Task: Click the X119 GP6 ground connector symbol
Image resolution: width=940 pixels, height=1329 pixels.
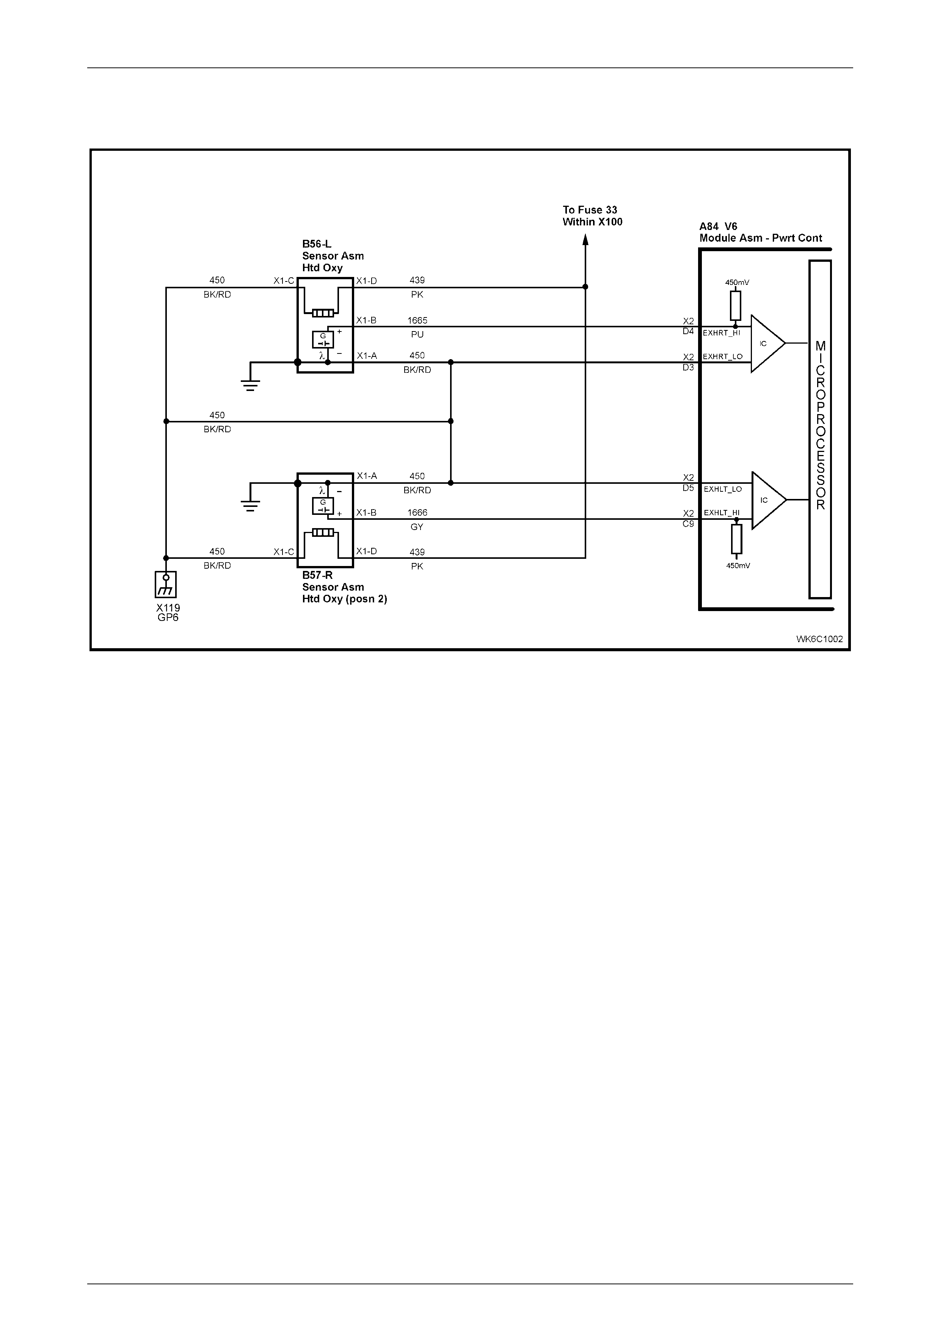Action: pyautogui.click(x=166, y=584)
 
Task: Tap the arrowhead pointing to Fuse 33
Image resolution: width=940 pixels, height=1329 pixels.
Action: pyautogui.click(x=585, y=240)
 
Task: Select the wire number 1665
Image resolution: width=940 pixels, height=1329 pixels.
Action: pyautogui.click(x=417, y=320)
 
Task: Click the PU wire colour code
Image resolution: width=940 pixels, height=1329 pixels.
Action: pyautogui.click(x=417, y=335)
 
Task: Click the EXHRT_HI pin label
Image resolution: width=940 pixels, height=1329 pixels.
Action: pyautogui.click(x=722, y=333)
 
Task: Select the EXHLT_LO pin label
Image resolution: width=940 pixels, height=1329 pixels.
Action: pyautogui.click(x=723, y=489)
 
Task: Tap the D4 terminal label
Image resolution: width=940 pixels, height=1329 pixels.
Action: pyautogui.click(x=688, y=331)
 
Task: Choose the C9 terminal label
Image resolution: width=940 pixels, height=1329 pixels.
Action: pyautogui.click(x=688, y=524)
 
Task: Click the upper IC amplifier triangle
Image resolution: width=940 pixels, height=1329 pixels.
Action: pyautogui.click(x=768, y=344)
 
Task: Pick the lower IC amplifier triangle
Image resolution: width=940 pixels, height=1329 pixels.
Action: pyautogui.click(x=769, y=500)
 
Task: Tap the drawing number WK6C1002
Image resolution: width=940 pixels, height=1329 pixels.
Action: pyautogui.click(x=819, y=639)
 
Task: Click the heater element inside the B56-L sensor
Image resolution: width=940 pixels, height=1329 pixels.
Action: pyautogui.click(x=323, y=313)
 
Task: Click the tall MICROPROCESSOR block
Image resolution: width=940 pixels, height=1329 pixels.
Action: pyautogui.click(x=820, y=429)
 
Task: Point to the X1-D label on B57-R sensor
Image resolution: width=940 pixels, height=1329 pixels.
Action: pyautogui.click(x=367, y=551)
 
